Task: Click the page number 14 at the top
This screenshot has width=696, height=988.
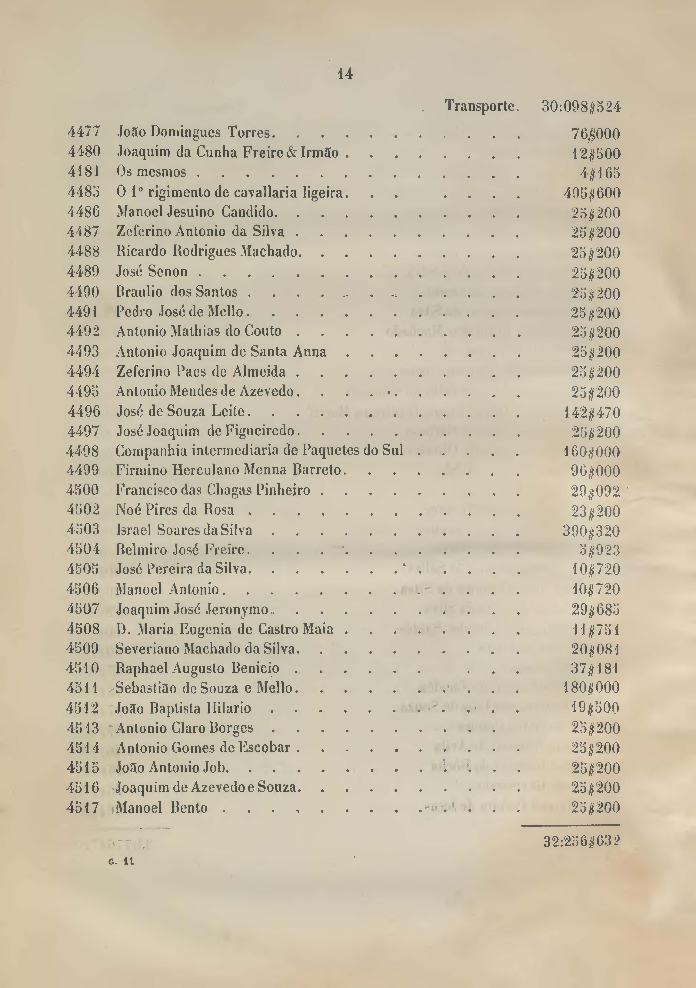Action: tap(345, 74)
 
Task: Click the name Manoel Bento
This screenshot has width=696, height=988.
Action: tap(162, 807)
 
